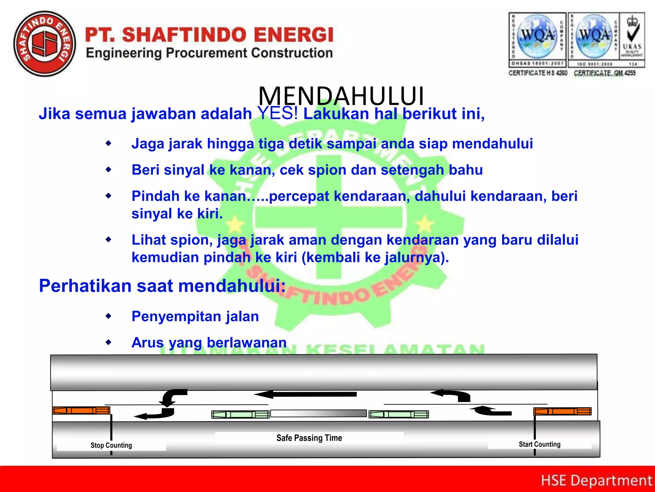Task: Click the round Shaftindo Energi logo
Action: coord(45,44)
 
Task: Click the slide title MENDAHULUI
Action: coord(341,96)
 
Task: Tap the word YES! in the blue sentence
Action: coord(278,113)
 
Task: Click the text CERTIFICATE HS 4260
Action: coord(538,73)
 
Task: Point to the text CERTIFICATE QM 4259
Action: coord(604,73)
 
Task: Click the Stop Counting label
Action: coord(111,445)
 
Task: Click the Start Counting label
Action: coord(540,444)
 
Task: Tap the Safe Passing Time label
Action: coord(309,438)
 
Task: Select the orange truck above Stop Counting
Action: coord(82,410)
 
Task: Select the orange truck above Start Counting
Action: coord(562,411)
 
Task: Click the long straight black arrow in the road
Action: coord(305,394)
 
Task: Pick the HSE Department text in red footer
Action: coord(596,480)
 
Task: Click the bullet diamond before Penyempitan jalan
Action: coord(109,316)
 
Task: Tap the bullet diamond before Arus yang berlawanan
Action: coord(109,342)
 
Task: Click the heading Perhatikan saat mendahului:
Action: coord(162,286)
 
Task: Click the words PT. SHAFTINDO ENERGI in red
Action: coord(209,35)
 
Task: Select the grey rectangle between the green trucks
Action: coord(319,413)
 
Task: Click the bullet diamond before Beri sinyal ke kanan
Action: coord(109,170)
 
